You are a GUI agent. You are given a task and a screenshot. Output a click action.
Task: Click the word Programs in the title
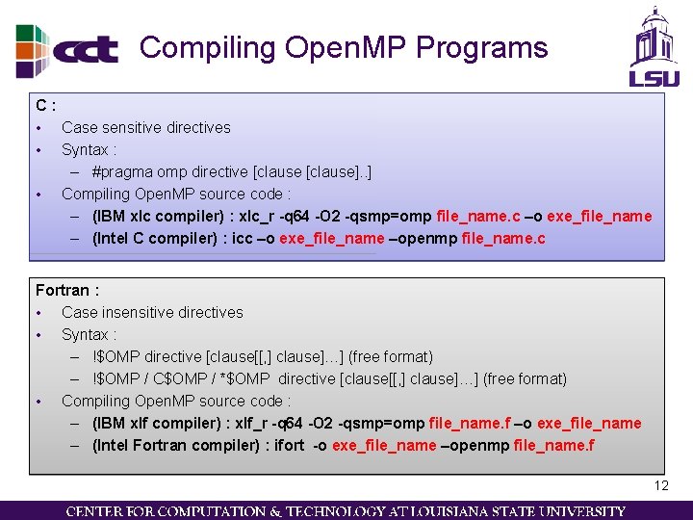pos(484,47)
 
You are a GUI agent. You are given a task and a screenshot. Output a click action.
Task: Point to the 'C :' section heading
pos(45,104)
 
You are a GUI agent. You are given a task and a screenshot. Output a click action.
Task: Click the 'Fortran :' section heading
pos(67,290)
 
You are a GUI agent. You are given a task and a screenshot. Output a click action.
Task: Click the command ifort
pos(289,446)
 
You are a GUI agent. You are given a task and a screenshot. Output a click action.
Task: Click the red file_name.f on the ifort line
pos(553,446)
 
